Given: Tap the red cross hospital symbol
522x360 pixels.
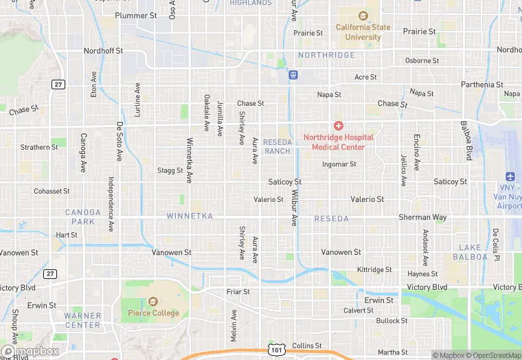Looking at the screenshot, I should tap(339, 126).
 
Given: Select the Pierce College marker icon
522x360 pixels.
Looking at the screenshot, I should tap(152, 302).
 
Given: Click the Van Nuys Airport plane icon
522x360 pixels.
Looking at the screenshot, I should tap(510, 177).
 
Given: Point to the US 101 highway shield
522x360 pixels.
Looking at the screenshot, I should tap(276, 350).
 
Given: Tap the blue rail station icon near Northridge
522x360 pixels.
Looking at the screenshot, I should tap(293, 74).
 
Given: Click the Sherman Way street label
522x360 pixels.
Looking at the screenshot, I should tap(422, 217).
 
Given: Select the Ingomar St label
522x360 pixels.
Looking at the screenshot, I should tap(339, 164).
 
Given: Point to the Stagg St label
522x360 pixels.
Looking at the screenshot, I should tap(170, 170).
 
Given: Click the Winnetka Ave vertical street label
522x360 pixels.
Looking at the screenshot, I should tap(189, 161).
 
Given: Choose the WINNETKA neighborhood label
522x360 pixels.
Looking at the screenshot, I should tap(190, 216).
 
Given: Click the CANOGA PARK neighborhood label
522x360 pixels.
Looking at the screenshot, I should tap(83, 217).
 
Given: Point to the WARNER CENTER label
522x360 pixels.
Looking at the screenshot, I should tap(82, 320).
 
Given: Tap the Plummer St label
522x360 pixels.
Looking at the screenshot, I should tap(136, 15).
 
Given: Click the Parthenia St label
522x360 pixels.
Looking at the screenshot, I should tap(482, 85).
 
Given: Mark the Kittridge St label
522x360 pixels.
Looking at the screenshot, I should tap(374, 269).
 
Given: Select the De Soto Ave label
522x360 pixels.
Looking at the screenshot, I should tap(119, 141).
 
